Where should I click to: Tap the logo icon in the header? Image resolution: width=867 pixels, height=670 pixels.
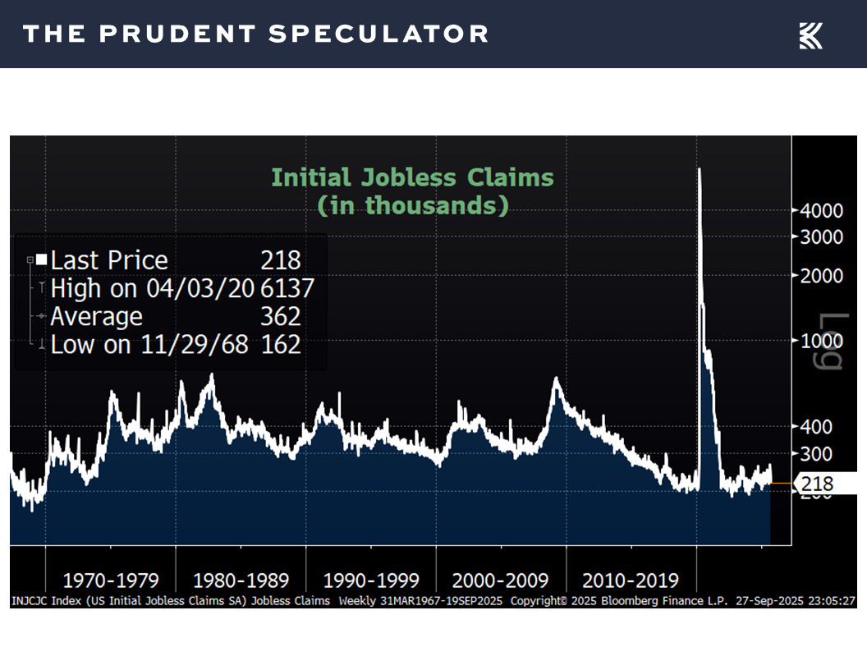click(x=810, y=35)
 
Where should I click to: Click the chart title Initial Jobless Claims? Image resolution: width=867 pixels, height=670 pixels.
click(x=412, y=177)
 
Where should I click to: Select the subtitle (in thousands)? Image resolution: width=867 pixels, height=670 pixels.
click(x=412, y=204)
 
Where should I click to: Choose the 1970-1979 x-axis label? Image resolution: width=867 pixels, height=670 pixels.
click(x=111, y=581)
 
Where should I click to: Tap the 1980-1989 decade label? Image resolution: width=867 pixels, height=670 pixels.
click(x=241, y=581)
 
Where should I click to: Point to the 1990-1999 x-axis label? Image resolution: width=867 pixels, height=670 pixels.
click(x=371, y=581)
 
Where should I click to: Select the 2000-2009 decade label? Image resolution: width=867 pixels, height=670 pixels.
click(x=501, y=581)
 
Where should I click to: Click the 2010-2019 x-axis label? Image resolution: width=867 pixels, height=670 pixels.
click(x=631, y=581)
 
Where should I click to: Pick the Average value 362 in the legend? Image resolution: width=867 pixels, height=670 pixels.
click(x=281, y=317)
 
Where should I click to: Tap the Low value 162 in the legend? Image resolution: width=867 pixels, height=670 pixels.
click(x=281, y=345)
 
